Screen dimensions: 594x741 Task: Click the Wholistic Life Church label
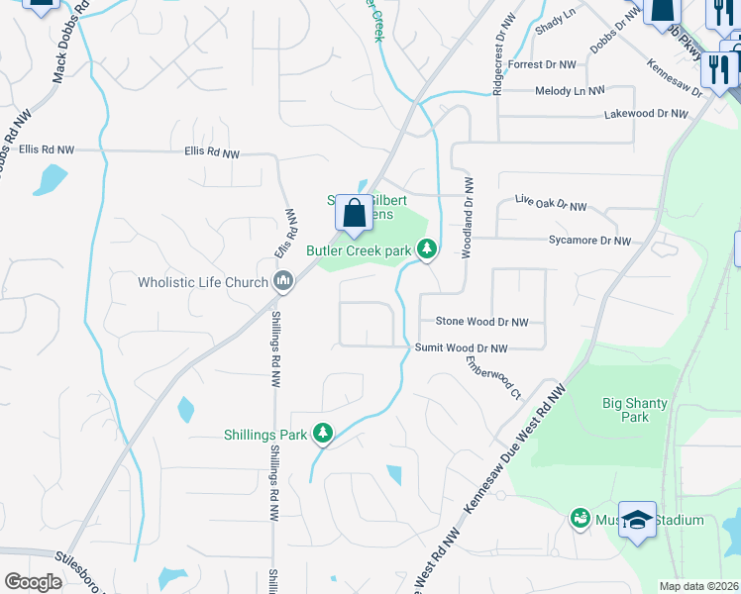(x=203, y=283)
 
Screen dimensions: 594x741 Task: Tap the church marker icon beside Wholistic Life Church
(x=283, y=283)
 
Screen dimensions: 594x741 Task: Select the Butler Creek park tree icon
(x=427, y=250)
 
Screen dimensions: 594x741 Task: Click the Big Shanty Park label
(x=635, y=410)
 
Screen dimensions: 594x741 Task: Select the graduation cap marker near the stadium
(x=638, y=521)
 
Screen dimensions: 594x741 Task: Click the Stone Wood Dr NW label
(x=481, y=322)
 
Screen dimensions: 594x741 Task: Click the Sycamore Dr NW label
(x=589, y=241)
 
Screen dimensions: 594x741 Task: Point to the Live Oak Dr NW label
(x=551, y=203)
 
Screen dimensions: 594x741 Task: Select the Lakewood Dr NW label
(x=646, y=115)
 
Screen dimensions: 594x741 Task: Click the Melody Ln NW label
(x=570, y=91)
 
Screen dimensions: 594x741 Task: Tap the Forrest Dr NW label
(x=542, y=64)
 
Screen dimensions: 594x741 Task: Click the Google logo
(x=33, y=582)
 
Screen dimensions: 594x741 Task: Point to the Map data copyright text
(x=698, y=586)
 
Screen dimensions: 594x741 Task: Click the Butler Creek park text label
(x=358, y=251)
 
